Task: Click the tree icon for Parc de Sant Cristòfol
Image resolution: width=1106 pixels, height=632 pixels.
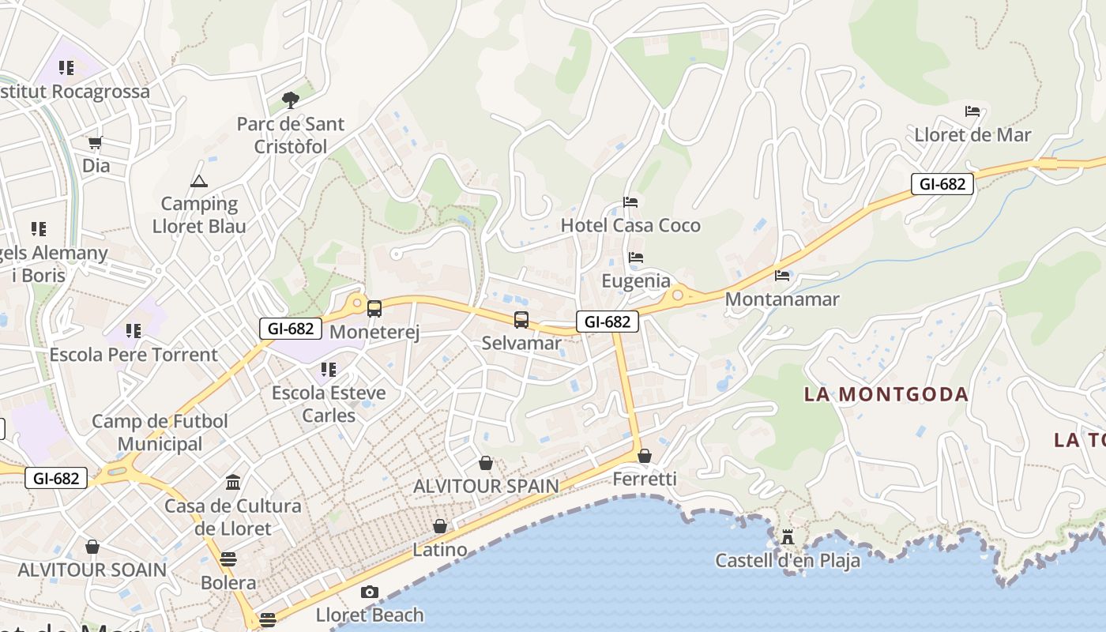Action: click(x=291, y=100)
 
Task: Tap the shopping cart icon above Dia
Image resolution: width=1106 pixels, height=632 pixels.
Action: click(x=96, y=142)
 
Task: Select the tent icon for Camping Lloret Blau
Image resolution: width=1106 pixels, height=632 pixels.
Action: click(x=198, y=181)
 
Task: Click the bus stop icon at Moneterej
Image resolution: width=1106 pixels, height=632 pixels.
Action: click(x=374, y=309)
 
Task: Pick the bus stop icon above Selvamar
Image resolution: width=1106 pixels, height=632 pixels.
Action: click(x=521, y=320)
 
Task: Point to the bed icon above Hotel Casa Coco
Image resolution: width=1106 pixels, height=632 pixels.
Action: click(x=630, y=202)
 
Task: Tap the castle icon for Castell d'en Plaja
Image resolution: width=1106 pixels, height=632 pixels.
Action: click(x=788, y=537)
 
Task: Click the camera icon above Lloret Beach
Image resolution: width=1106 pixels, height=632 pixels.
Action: click(x=369, y=592)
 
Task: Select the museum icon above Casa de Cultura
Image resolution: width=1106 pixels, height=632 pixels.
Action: click(x=233, y=482)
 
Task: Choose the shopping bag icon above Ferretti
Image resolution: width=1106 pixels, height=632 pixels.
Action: click(x=645, y=456)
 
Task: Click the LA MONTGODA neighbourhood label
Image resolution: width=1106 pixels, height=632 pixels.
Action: click(x=886, y=394)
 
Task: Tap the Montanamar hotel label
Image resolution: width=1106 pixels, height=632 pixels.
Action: click(x=782, y=299)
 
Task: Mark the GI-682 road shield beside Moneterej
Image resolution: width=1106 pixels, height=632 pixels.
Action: click(x=291, y=329)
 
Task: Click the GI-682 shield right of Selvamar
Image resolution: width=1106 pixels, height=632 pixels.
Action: click(x=608, y=322)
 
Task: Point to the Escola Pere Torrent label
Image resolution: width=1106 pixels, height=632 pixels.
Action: click(x=134, y=355)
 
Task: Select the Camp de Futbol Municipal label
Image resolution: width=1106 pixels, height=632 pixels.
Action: click(x=160, y=432)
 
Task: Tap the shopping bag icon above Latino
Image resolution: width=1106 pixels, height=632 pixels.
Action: click(x=440, y=526)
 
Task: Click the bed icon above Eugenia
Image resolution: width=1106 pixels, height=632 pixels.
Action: click(x=636, y=258)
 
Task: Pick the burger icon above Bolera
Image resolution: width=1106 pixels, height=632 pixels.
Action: click(x=228, y=559)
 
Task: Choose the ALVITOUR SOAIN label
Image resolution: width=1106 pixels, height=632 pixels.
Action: click(x=92, y=570)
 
